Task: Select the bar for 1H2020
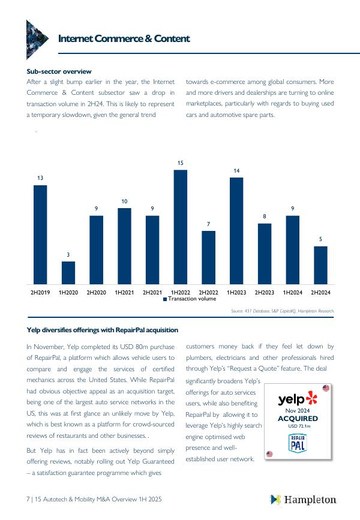click(x=68, y=273)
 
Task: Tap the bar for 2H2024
click(x=321, y=265)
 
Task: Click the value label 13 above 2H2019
click(x=40, y=178)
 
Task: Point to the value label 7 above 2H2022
click(x=208, y=224)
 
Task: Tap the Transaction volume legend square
click(x=165, y=299)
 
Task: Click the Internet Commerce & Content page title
click(x=124, y=38)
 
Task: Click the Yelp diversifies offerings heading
click(x=102, y=330)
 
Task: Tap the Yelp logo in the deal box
click(x=298, y=399)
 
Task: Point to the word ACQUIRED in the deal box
click(x=298, y=419)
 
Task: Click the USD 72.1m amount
click(x=298, y=426)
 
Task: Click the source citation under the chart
click(x=282, y=311)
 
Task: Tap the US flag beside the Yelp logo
click(x=326, y=389)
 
